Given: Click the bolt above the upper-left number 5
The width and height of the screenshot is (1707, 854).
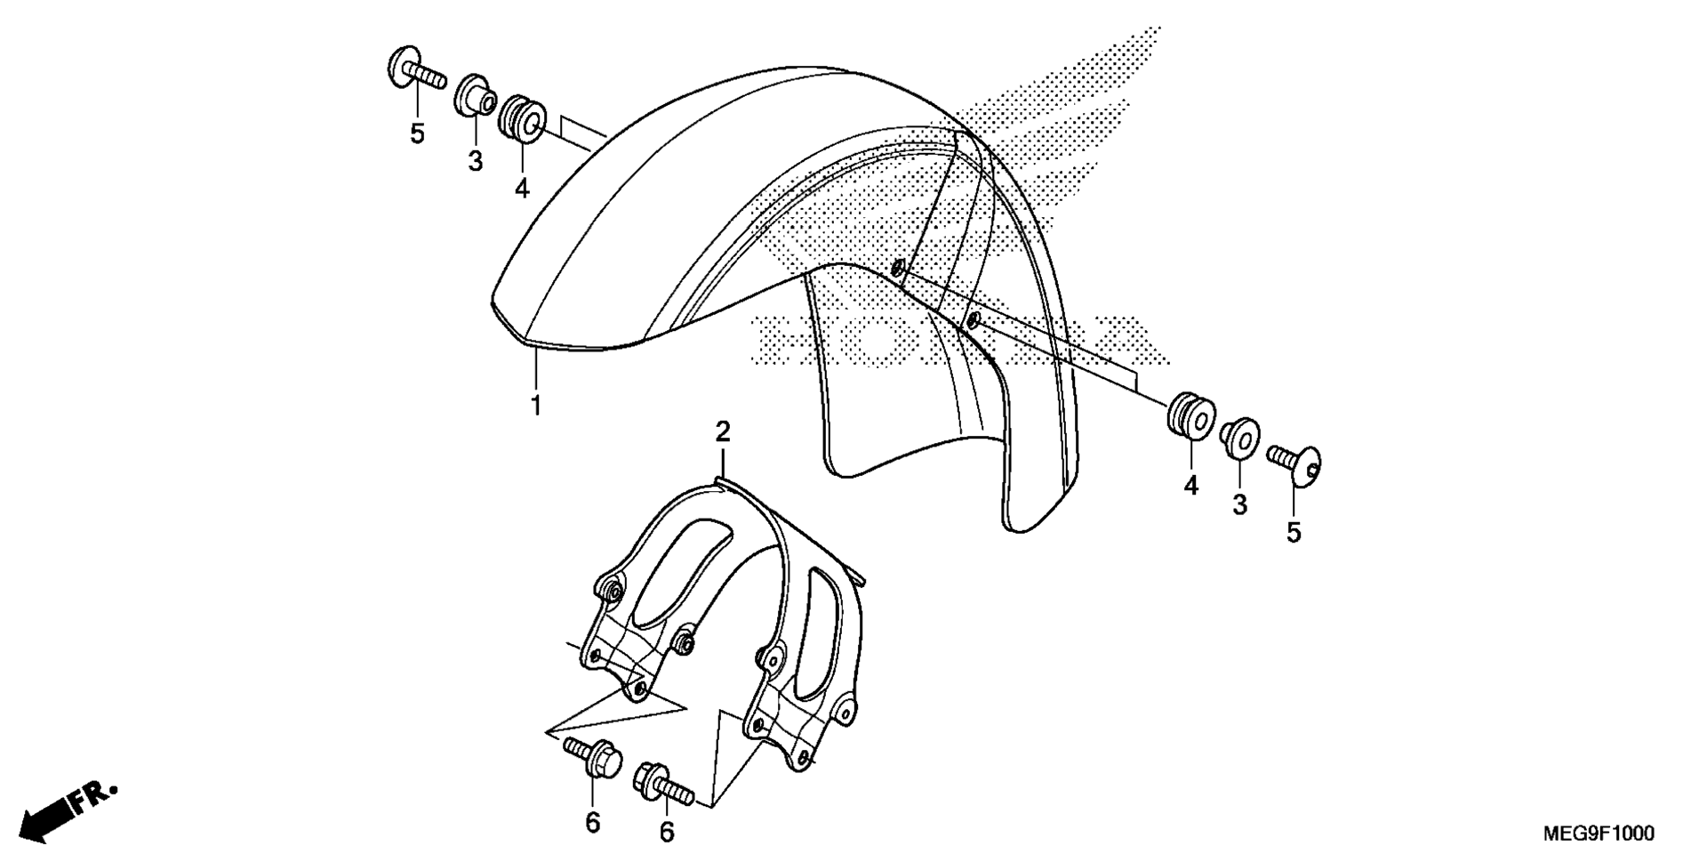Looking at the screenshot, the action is [x=415, y=69].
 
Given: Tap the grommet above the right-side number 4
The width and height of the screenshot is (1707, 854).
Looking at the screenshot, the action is [x=1191, y=415].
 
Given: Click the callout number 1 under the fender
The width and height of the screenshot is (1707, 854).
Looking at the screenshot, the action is [x=536, y=405].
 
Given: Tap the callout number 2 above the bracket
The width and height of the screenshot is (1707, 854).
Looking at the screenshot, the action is [x=723, y=432].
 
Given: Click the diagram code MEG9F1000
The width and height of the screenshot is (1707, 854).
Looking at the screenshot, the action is [x=1599, y=834].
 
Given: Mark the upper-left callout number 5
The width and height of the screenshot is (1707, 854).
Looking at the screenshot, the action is [x=417, y=134].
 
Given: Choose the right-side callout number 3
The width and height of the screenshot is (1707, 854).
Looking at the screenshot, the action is [x=1239, y=504].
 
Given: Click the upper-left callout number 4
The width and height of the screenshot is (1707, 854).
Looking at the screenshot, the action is [x=522, y=188].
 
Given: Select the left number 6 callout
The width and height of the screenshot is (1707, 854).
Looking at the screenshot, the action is [x=593, y=823].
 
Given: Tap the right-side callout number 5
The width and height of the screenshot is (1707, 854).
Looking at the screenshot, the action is [x=1294, y=532].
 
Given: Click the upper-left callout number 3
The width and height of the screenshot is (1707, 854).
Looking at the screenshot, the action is [x=476, y=161].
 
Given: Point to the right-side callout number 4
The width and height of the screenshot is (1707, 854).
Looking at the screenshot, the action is [x=1190, y=485].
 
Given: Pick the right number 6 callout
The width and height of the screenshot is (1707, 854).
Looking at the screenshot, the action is [x=666, y=831].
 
